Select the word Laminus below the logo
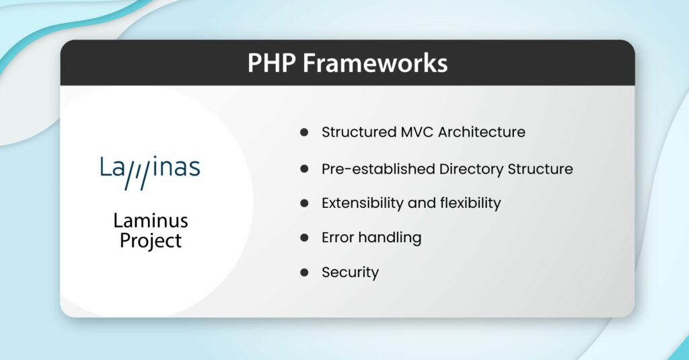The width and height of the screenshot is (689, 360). click(x=150, y=220)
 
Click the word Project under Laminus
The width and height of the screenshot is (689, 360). click(x=151, y=240)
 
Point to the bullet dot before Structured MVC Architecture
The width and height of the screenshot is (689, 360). click(x=304, y=133)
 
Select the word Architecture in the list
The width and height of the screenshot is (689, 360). click(x=482, y=132)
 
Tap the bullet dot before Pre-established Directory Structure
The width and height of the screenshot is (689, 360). click(x=304, y=168)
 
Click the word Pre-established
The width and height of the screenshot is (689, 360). click(x=378, y=168)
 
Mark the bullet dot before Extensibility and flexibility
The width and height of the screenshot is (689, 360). click(x=304, y=203)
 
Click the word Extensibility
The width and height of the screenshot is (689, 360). click(x=368, y=203)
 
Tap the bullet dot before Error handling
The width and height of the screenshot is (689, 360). click(x=304, y=238)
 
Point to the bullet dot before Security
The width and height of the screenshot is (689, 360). click(x=304, y=273)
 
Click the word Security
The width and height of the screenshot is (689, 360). click(x=350, y=273)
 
